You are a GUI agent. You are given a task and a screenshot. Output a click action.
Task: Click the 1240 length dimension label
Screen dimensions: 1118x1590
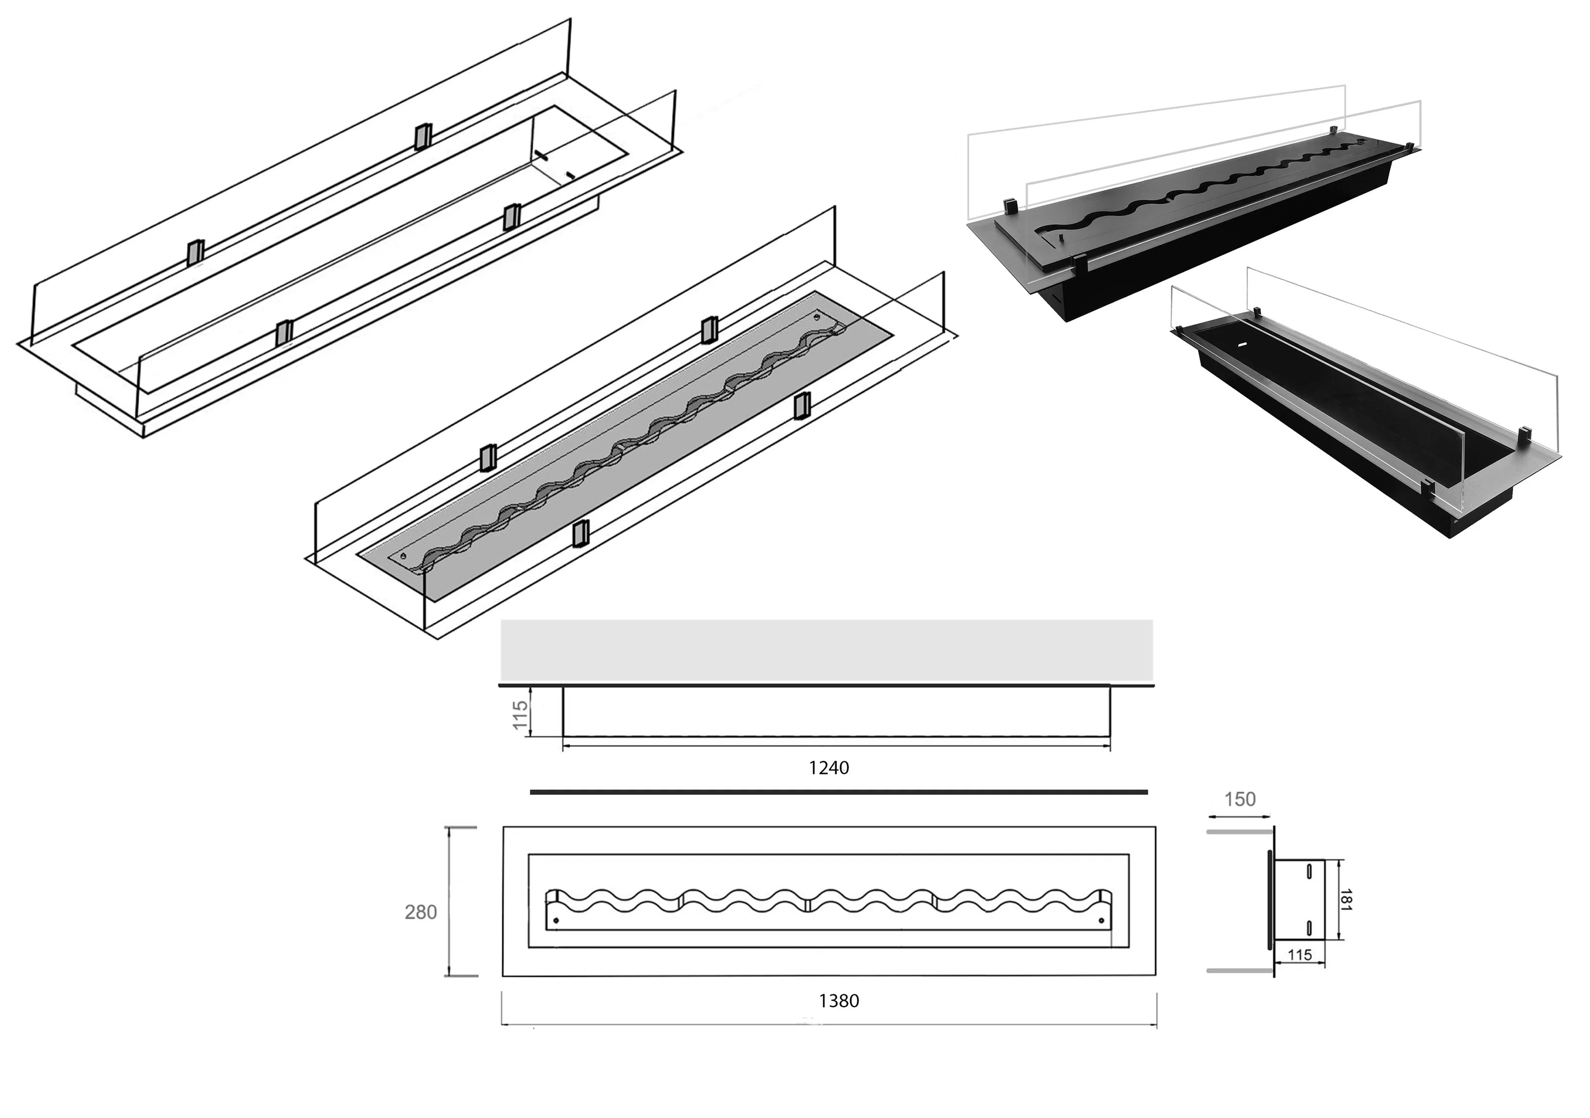(828, 768)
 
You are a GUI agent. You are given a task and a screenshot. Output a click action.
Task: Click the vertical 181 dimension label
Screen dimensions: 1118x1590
(1346, 899)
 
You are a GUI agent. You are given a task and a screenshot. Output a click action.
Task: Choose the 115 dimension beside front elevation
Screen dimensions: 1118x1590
(520, 715)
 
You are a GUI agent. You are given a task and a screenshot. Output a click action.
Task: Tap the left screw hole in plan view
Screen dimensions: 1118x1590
(556, 921)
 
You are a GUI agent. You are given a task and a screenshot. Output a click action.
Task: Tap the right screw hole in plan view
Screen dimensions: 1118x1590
(1102, 921)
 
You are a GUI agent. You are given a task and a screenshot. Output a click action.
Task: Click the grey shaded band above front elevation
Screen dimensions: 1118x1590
(826, 650)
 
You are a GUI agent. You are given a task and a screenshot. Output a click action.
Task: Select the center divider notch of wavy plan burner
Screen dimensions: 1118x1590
(809, 903)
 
